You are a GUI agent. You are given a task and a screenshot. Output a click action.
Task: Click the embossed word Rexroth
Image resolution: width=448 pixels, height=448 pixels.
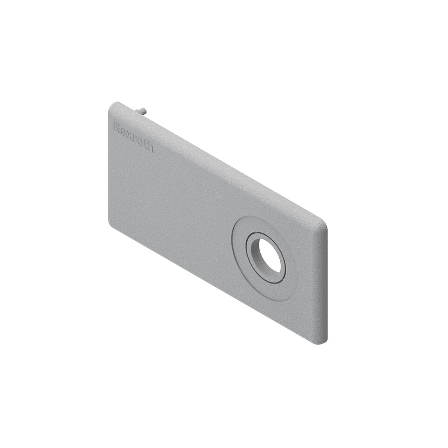click(134, 137)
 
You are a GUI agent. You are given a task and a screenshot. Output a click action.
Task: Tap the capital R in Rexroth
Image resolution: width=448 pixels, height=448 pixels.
click(117, 126)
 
